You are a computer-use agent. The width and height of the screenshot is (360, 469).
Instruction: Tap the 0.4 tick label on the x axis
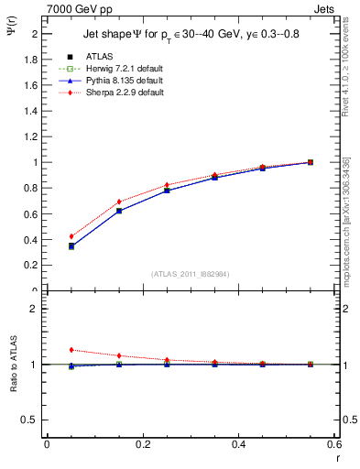(238, 444)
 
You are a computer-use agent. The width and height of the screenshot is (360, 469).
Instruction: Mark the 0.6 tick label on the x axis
(334, 444)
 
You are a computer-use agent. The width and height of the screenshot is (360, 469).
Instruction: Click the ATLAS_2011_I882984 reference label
(190, 273)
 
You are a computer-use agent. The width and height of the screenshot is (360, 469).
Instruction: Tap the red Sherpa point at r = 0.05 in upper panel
(71, 236)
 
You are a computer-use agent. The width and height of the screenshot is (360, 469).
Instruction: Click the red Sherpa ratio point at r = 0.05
(71, 350)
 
